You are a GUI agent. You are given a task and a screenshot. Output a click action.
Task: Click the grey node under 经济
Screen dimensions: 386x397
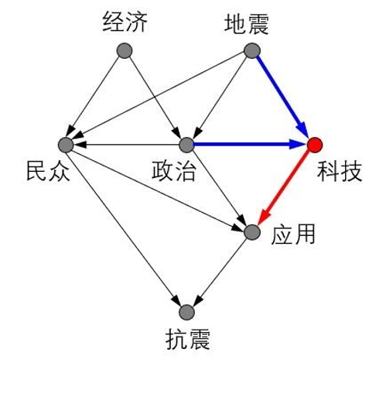(125, 50)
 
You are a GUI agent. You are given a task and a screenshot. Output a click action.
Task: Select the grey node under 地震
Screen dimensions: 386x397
(252, 50)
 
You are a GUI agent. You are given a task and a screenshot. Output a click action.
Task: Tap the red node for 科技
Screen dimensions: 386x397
(315, 145)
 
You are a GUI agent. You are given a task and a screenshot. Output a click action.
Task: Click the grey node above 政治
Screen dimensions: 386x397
(186, 145)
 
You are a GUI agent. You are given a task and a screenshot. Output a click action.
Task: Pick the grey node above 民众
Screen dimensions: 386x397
(66, 145)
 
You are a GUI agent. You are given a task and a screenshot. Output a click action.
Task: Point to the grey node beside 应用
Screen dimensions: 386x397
(252, 232)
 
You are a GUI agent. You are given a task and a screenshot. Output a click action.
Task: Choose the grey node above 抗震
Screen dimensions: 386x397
(186, 313)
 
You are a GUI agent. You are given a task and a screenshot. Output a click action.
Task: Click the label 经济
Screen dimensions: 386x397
(125, 22)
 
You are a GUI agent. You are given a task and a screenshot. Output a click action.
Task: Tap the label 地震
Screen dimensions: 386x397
(247, 25)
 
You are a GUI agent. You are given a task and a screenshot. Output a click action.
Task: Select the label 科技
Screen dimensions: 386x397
(340, 171)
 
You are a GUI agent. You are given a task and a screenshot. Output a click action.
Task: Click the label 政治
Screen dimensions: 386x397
(173, 170)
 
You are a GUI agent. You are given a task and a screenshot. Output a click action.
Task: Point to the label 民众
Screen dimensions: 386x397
(48, 170)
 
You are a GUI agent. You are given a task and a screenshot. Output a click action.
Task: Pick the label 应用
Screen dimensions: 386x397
(293, 234)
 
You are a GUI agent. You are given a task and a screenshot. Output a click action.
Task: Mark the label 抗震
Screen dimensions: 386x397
(188, 339)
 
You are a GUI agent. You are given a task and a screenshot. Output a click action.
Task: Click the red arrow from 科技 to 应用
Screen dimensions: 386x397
(283, 188)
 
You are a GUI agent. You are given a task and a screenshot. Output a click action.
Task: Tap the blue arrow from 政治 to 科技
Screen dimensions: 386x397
(250, 145)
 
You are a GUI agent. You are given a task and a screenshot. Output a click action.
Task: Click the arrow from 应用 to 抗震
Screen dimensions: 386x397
(221, 270)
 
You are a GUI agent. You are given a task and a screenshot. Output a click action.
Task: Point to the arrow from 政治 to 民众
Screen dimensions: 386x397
(126, 145)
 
